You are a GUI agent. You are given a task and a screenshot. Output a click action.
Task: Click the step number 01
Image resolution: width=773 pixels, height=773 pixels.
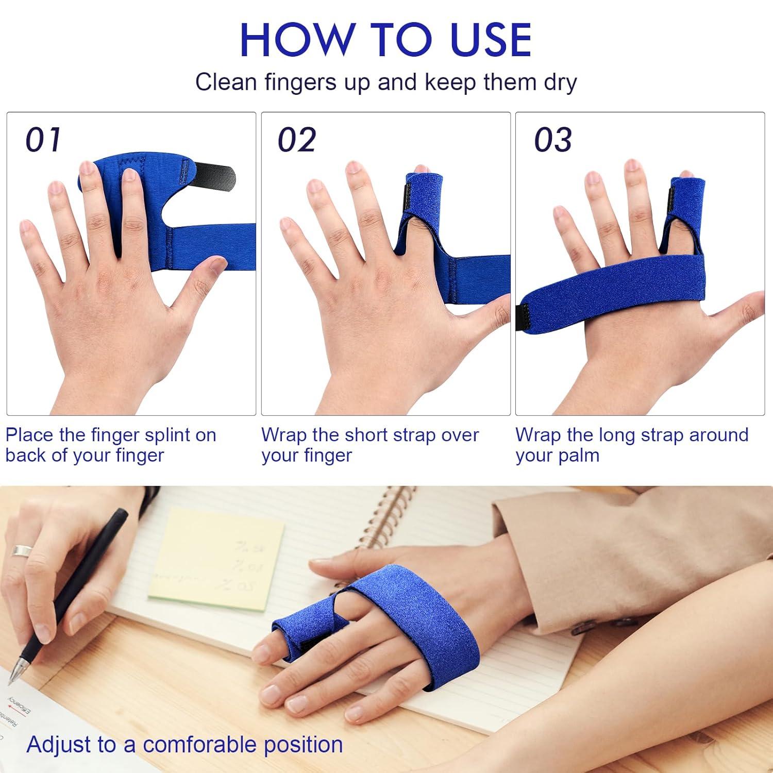point(43,140)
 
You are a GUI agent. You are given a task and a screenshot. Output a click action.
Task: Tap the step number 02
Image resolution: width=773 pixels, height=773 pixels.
point(296,140)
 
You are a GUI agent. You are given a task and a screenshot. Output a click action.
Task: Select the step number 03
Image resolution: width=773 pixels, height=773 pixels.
point(552,140)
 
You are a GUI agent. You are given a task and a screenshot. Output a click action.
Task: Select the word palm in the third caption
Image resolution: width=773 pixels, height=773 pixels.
point(579,456)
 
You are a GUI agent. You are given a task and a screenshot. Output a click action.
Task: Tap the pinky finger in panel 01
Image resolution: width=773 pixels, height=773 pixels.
point(31,242)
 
